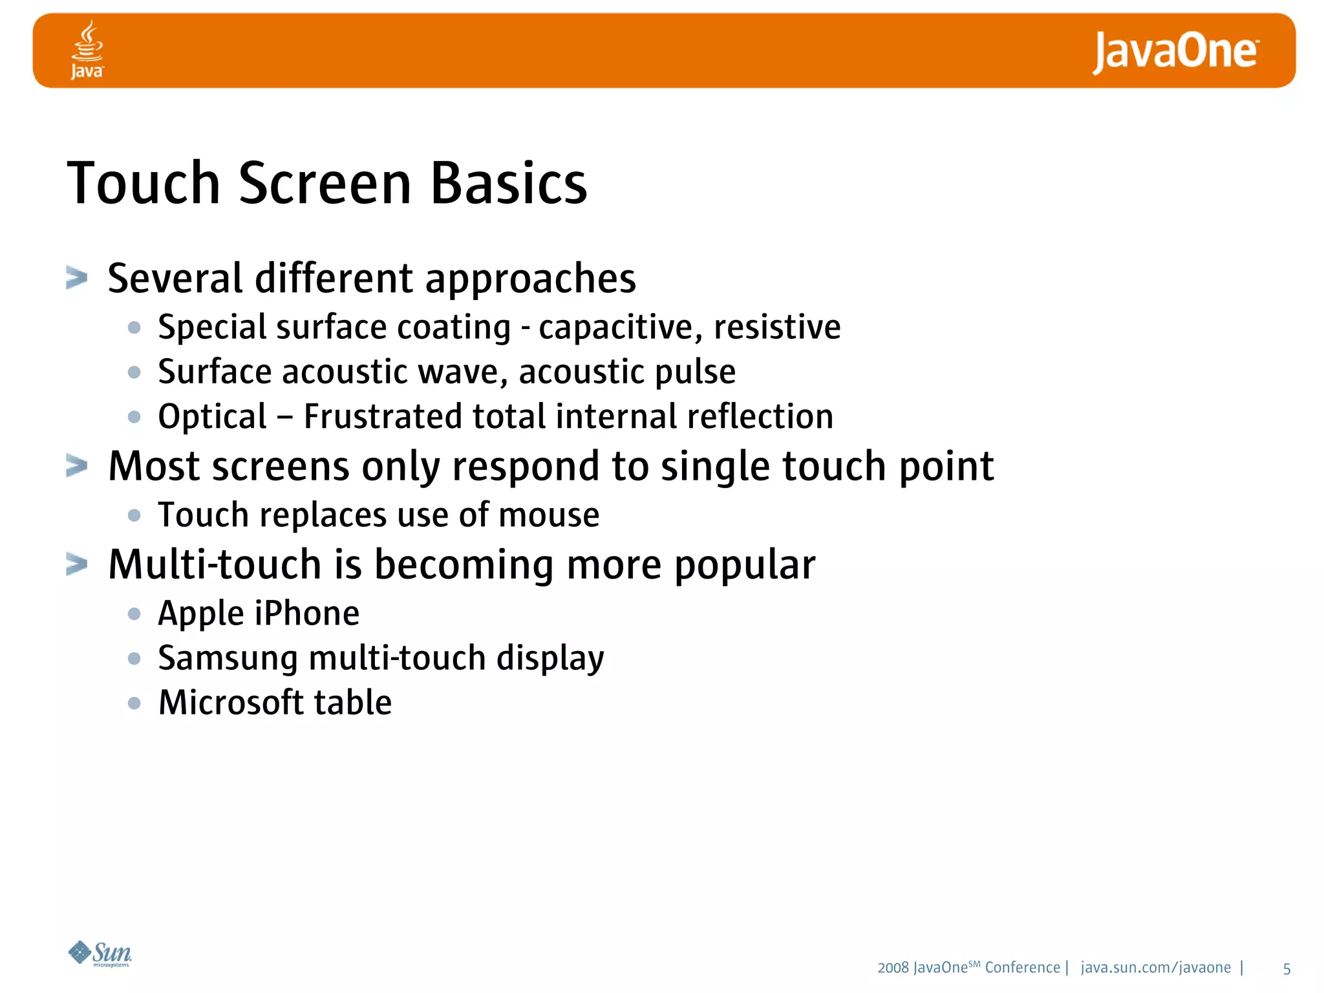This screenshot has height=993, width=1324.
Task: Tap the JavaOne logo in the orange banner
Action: pos(1175,52)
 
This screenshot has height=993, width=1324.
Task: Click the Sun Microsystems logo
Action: pos(100,954)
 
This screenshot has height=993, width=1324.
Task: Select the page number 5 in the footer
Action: pos(1287,968)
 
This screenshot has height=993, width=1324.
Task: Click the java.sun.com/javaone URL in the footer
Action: pos(1155,967)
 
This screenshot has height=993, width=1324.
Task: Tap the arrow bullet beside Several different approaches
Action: pos(77,278)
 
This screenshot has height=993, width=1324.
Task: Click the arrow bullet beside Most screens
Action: pos(77,465)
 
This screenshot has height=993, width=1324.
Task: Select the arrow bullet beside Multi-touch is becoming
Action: pos(77,564)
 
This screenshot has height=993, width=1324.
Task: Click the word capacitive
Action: pos(620,327)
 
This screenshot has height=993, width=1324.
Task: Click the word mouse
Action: pos(549,515)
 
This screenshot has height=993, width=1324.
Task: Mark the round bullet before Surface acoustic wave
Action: pos(134,372)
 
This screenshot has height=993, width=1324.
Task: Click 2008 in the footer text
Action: pos(893,968)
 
